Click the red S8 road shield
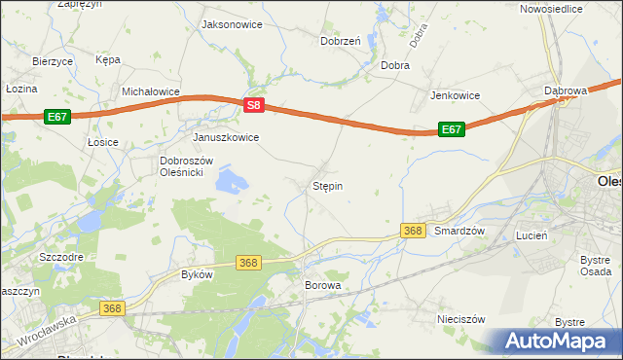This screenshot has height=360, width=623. (253, 105)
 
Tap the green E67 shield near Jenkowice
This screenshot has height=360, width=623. (450, 128)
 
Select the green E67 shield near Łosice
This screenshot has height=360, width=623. (56, 117)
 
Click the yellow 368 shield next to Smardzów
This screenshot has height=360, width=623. (413, 231)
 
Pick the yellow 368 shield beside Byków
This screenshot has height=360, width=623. (248, 263)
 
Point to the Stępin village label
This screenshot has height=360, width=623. (327, 185)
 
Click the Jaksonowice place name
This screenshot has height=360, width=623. (231, 24)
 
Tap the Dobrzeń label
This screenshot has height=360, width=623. (341, 41)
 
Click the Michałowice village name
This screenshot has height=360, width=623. (151, 91)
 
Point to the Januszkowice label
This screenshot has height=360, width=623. (226, 137)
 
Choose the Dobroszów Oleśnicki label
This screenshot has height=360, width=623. (180, 166)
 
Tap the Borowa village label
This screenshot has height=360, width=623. (323, 286)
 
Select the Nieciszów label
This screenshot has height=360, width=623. (460, 318)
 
